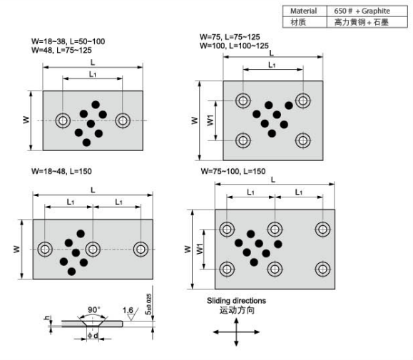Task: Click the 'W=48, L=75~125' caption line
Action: [x=61, y=50]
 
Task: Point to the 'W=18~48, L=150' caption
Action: [x=61, y=171]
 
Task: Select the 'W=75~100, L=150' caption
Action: [x=233, y=171]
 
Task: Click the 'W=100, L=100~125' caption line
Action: [x=234, y=46]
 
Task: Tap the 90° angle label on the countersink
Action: [x=93, y=309]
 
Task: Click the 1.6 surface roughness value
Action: [x=128, y=311]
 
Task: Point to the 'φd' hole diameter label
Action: [x=93, y=336]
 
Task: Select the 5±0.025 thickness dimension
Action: [x=148, y=304]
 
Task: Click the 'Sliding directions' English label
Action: [x=236, y=301]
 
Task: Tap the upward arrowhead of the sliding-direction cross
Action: [x=236, y=321]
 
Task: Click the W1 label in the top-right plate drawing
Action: [x=210, y=120]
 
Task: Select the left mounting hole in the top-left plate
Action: [x=63, y=120]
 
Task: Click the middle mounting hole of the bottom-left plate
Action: [x=93, y=250]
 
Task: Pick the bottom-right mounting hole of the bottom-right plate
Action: [x=322, y=269]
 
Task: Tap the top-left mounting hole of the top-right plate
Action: [x=243, y=101]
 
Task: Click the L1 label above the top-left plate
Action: [x=93, y=74]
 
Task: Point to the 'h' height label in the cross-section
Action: [x=47, y=318]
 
